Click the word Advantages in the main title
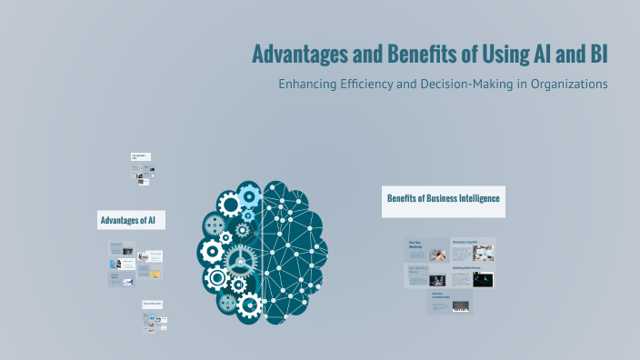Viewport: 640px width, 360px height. click(299, 54)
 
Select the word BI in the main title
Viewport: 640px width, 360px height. click(596, 54)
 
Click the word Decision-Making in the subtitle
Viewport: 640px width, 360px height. click(464, 85)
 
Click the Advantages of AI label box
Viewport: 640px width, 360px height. click(132, 220)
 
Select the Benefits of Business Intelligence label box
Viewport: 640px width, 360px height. click(443, 199)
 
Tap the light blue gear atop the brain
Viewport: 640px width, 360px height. click(248, 193)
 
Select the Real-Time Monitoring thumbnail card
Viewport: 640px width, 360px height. click(426, 250)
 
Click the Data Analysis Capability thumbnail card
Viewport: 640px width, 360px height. click(473, 250)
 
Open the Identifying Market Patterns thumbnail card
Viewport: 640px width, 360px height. click(473, 275)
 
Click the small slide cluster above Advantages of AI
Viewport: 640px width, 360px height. click(142, 169)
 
